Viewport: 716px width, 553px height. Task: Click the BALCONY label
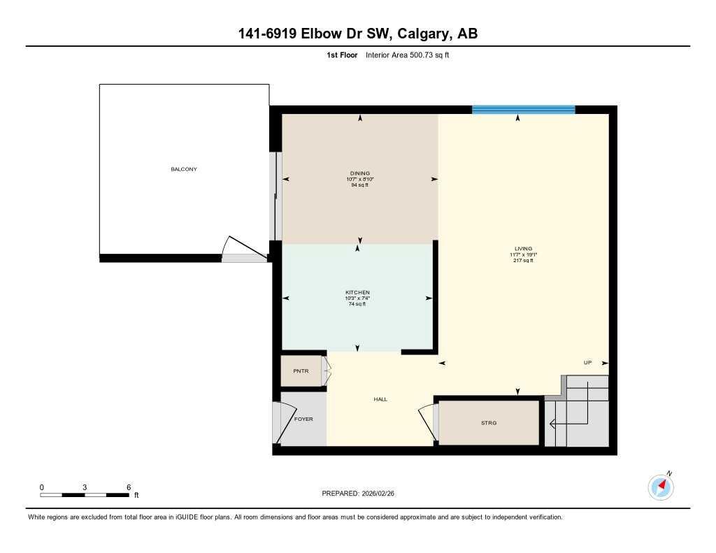point(184,169)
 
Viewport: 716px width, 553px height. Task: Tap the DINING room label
point(360,173)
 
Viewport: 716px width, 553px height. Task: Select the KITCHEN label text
point(357,292)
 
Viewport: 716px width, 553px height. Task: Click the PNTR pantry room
point(301,371)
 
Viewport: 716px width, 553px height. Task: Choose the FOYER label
point(303,419)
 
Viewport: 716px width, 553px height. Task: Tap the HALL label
point(380,399)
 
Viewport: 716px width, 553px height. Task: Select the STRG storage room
point(489,423)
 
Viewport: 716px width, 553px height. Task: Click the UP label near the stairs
point(588,363)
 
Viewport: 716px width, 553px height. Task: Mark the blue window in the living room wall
point(523,109)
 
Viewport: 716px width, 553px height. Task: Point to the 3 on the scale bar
point(85,487)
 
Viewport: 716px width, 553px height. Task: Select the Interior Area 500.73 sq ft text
point(407,55)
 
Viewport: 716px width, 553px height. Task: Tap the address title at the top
point(358,34)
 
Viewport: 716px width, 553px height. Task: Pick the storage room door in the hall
point(427,422)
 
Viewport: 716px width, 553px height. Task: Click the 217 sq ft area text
point(523,261)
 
